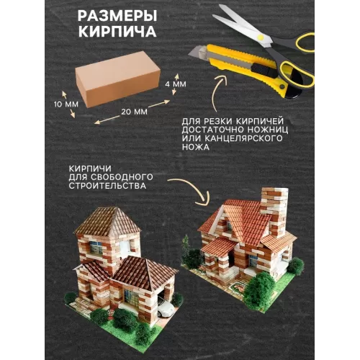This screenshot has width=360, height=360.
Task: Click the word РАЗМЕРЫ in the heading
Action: click(x=117, y=17)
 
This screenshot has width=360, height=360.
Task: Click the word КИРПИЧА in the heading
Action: click(x=117, y=32)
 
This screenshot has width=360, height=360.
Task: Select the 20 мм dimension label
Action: click(x=134, y=112)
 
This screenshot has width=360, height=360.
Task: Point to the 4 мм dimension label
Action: click(x=176, y=84)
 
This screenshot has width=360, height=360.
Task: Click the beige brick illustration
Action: click(x=117, y=79)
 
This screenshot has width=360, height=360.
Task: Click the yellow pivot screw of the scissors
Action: click(x=260, y=37)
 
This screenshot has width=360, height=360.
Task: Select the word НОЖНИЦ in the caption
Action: click(x=268, y=130)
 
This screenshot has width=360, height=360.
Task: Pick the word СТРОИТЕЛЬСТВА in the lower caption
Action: click(x=107, y=186)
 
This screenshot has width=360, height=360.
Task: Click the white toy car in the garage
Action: click(x=166, y=308)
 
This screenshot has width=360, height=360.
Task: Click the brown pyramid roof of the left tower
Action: click(x=107, y=221)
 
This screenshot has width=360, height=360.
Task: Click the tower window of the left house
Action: click(x=96, y=247)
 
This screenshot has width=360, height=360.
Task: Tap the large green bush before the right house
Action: click(x=257, y=290)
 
